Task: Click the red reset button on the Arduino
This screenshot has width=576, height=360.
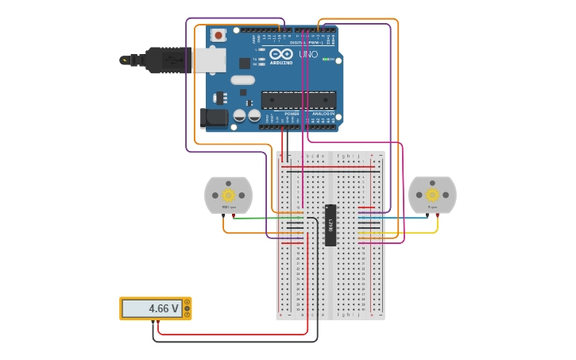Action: [218, 36]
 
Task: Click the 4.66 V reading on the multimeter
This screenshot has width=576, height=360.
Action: [152, 308]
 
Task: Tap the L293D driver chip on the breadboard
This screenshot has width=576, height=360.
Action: [331, 225]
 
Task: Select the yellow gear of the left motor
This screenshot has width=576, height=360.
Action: [228, 195]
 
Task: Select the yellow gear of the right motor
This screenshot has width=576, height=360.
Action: [432, 195]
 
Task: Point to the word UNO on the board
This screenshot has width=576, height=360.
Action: [308, 55]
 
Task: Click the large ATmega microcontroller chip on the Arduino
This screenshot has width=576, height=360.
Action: [299, 100]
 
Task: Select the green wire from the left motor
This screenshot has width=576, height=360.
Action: [254, 217]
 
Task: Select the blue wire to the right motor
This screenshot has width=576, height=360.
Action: [397, 217]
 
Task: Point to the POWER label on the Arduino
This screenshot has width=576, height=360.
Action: [291, 114]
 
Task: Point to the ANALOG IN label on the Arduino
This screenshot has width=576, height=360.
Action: [323, 114]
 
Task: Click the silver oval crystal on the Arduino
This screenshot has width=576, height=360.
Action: [242, 79]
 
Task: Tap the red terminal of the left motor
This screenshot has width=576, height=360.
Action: [233, 215]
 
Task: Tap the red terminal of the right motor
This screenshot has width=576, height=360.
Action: [437, 215]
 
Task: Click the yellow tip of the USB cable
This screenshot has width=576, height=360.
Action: [123, 60]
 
